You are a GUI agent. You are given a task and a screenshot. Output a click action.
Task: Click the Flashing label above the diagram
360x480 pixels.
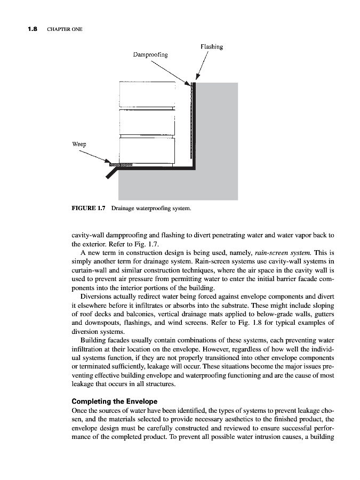point(211,47)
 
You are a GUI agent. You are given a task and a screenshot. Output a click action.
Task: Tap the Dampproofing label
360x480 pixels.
point(150,54)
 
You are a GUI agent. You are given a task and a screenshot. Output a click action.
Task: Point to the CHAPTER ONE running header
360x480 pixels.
point(65,29)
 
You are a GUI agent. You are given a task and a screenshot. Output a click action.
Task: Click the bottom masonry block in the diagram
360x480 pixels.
point(147,149)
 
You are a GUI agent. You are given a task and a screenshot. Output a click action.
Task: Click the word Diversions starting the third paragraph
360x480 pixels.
point(97,295)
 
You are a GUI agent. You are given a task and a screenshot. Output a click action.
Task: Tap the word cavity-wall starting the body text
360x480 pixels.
point(87,235)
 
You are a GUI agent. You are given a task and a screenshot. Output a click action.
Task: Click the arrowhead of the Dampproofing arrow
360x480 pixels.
point(189,83)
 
